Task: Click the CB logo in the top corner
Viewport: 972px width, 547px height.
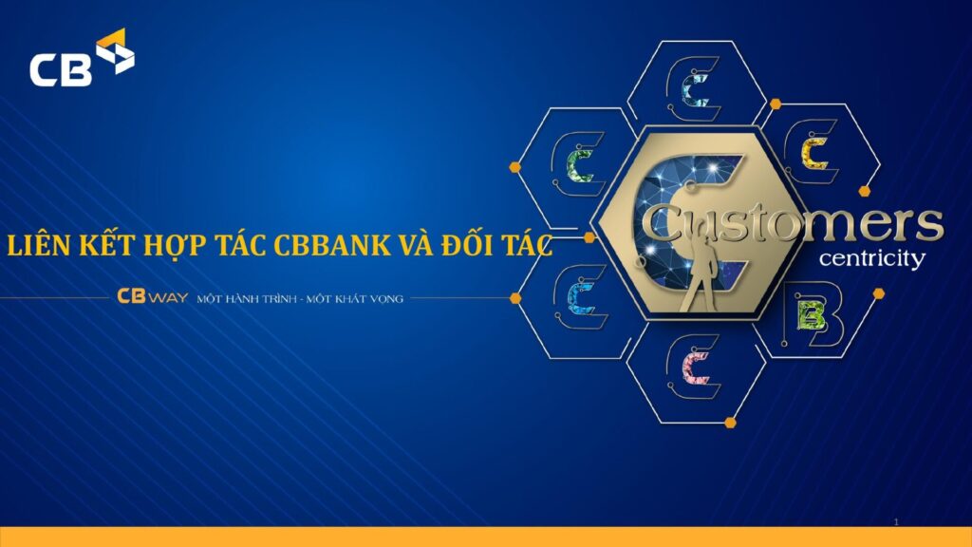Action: tap(82, 58)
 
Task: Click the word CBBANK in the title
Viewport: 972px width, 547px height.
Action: tap(332, 246)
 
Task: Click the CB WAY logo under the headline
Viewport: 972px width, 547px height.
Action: tap(152, 296)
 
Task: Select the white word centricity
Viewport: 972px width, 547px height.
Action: tap(871, 258)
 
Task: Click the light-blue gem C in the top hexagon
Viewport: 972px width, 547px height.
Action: tap(695, 90)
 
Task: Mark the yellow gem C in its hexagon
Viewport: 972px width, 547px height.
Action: tap(814, 153)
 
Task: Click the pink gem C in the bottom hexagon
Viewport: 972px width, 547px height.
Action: tap(696, 367)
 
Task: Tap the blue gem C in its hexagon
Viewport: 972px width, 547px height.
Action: tap(582, 297)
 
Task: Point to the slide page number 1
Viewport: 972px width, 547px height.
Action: tap(896, 522)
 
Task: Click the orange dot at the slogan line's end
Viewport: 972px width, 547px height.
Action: tap(515, 298)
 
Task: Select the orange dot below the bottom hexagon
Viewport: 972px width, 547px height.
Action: tap(730, 423)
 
